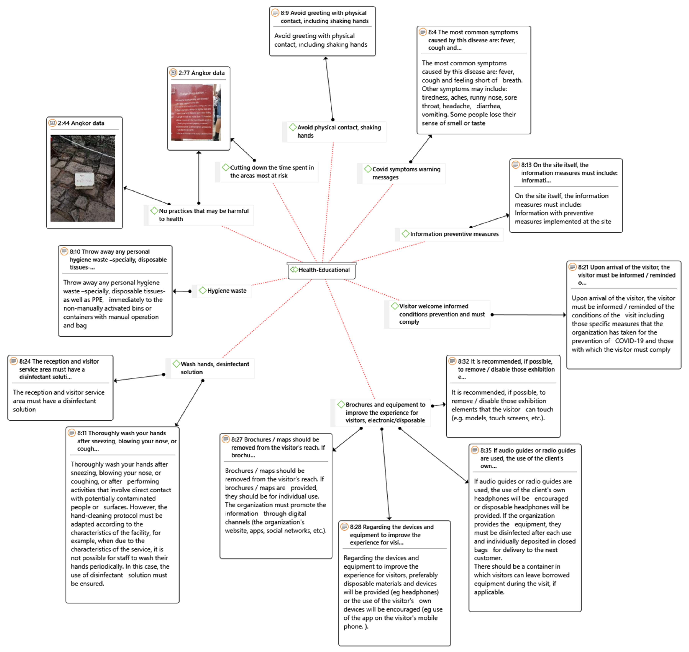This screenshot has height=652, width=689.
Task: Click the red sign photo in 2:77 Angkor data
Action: (x=196, y=112)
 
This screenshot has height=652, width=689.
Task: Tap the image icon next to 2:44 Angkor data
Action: (x=52, y=123)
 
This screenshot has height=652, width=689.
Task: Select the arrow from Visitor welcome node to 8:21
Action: (x=528, y=315)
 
